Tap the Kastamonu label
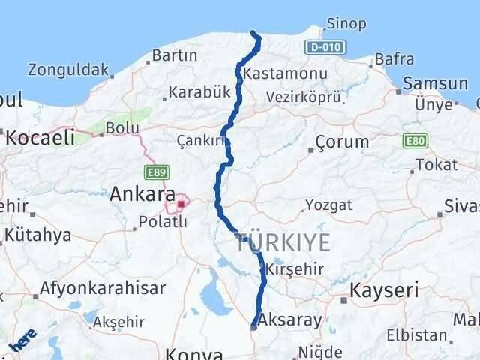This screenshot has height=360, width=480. [275, 73]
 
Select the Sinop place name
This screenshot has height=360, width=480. [346, 24]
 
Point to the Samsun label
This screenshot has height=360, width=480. [435, 84]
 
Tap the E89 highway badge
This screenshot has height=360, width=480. [156, 173]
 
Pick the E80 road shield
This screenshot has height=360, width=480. [415, 141]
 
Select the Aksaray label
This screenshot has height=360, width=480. [292, 319]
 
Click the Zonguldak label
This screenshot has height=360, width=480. [68, 70]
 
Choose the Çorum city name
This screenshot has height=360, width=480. [342, 141]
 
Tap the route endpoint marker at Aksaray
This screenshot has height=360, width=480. [253, 326]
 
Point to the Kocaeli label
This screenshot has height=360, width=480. [40, 136]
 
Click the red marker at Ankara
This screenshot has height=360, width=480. [180, 202]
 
